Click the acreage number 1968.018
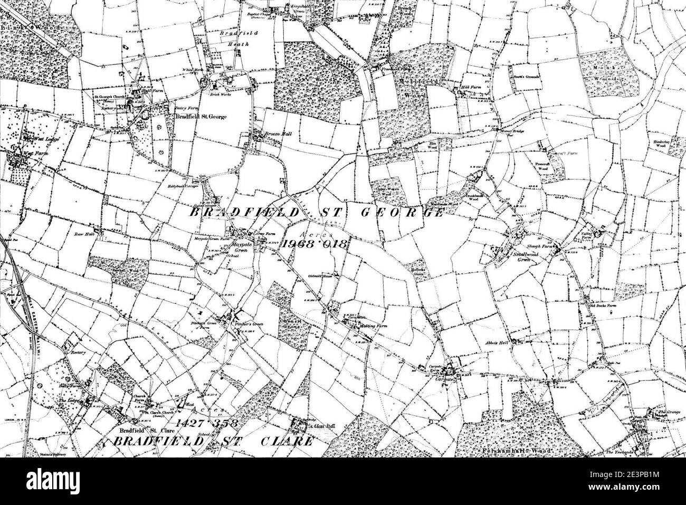coord(315,244)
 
